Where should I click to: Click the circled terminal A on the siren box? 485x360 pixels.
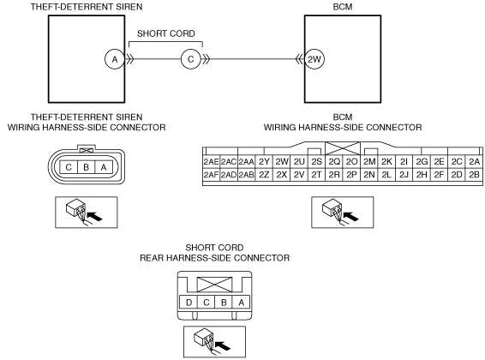[x=115, y=59]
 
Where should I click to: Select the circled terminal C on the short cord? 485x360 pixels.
[x=191, y=59]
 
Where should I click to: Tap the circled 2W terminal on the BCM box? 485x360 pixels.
[x=314, y=59]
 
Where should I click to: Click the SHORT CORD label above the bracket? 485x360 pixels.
[x=166, y=33]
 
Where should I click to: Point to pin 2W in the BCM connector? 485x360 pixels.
[x=281, y=162]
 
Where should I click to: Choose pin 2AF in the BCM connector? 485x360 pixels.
[x=212, y=175]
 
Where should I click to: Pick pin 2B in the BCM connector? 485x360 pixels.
[x=474, y=175]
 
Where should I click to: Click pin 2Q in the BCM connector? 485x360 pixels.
[x=334, y=162]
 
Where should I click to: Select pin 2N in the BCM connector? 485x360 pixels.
[x=369, y=175]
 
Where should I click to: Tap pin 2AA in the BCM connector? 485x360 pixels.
[x=247, y=162]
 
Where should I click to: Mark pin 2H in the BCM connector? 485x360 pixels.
[x=422, y=175]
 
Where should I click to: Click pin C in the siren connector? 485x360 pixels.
[x=69, y=167]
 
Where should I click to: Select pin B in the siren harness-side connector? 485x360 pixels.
[x=87, y=167]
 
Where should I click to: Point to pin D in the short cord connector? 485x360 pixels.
[x=189, y=303]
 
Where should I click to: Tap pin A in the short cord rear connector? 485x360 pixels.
[x=242, y=303]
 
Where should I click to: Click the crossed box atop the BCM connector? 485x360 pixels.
[x=343, y=148]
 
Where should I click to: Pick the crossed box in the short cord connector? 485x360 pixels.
[x=215, y=285]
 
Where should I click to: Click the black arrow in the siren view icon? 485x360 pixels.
[x=94, y=216]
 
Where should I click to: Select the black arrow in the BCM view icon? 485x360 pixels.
[x=351, y=216]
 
